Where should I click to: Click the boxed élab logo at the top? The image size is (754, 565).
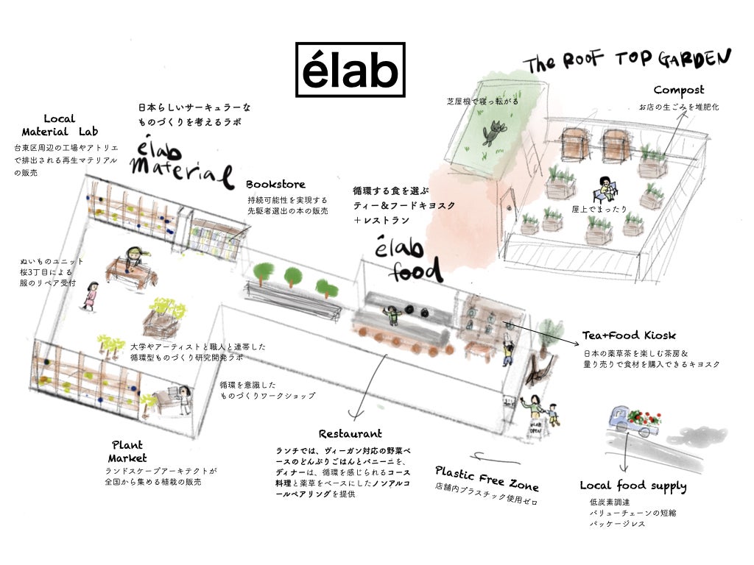(350, 70)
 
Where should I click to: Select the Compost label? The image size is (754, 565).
(678, 90)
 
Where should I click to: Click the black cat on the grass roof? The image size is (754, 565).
(490, 133)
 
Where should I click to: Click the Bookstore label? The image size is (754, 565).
(275, 184)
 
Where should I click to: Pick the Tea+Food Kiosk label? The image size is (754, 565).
(629, 335)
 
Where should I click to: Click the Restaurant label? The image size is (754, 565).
(350, 434)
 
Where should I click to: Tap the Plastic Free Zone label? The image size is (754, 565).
(487, 477)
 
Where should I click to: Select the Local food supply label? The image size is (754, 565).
(633, 486)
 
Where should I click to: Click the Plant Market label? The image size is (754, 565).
(127, 451)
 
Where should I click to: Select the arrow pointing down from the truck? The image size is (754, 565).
(625, 456)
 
